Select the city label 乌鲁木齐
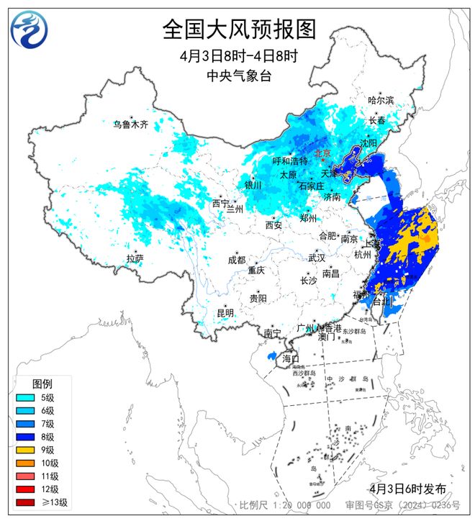[x=130, y=124]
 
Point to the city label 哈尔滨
[x=381, y=101]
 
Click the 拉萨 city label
[x=135, y=258]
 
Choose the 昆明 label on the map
[x=225, y=312]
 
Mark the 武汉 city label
[x=317, y=258]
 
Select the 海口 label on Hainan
[x=290, y=358]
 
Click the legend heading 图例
[x=42, y=383]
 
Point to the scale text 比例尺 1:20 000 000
[x=285, y=506]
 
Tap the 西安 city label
[x=273, y=225]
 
